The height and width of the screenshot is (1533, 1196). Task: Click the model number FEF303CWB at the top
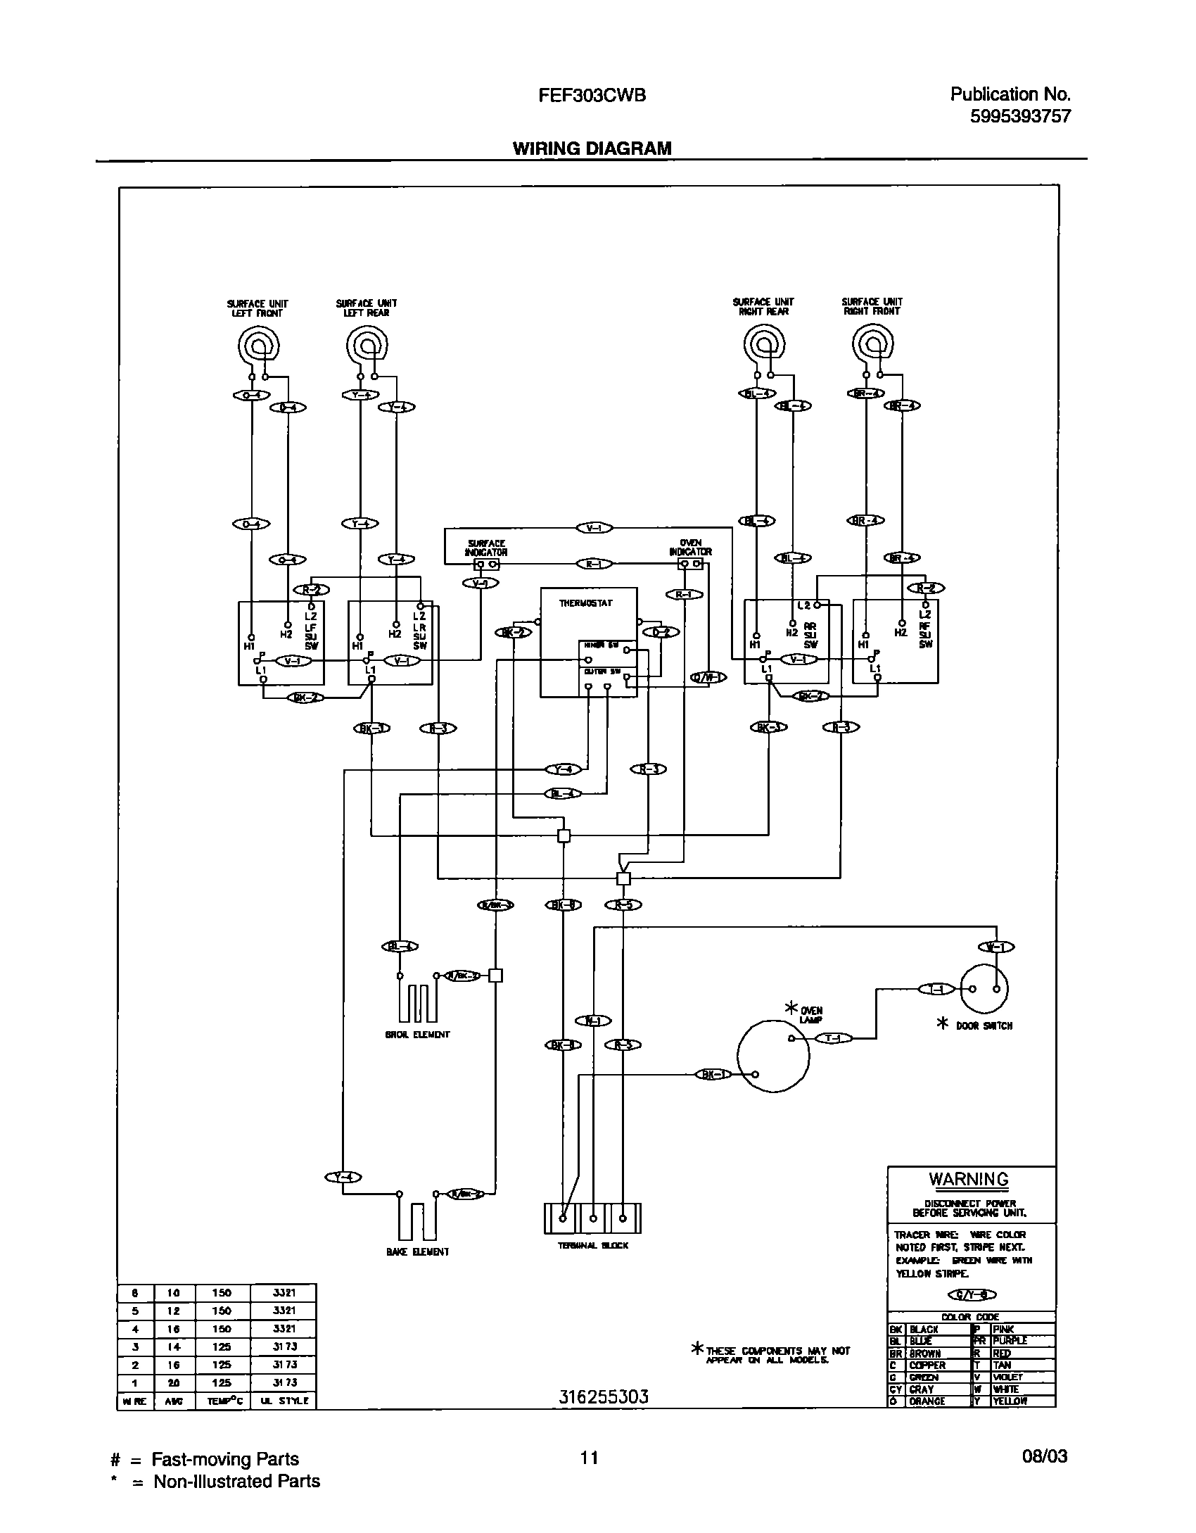[592, 96]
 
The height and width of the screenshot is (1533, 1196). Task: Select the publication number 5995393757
[1020, 116]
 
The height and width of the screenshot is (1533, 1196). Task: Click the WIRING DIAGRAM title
[592, 149]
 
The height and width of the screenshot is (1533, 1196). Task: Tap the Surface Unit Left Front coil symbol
[259, 345]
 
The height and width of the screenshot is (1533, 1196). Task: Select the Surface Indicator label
[486, 548]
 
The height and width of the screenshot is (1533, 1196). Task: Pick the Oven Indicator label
[690, 548]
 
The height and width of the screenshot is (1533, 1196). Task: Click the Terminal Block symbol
[592, 1218]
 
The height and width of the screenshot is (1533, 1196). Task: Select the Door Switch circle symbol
[984, 988]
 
